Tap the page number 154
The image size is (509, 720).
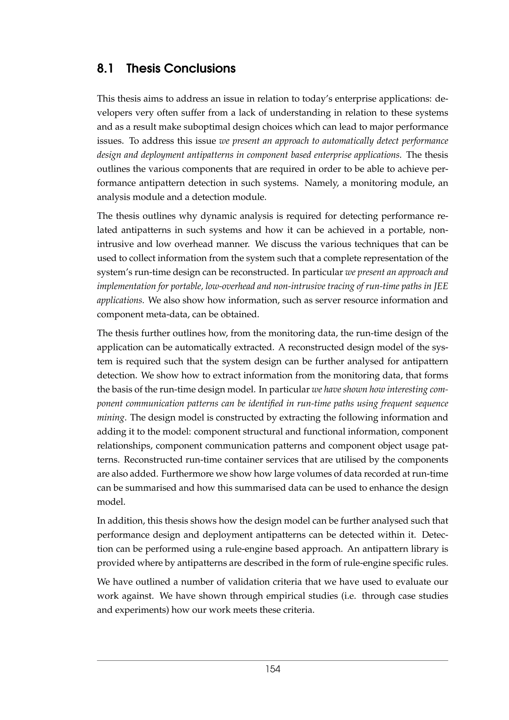tap(273, 669)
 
